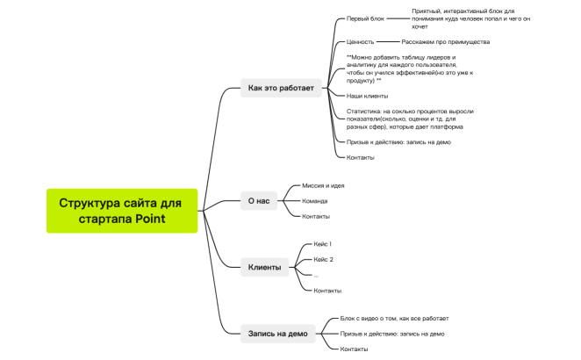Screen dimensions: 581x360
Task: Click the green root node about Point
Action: [122, 211]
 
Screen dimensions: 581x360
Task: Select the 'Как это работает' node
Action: [281, 88]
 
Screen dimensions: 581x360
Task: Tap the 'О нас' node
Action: [259, 201]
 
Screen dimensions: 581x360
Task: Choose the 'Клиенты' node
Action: [264, 267]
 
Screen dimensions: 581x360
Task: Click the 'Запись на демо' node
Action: [278, 334]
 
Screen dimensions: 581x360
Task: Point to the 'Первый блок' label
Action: [365, 18]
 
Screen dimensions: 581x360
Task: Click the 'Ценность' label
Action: [360, 42]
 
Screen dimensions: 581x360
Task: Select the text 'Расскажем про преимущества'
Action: [445, 42]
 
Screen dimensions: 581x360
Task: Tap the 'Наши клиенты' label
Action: [367, 96]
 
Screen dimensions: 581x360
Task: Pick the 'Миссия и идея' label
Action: [323, 186]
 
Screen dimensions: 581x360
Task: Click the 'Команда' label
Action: [314, 201]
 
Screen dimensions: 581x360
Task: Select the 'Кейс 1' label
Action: [322, 244]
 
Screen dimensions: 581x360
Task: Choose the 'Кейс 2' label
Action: [323, 260]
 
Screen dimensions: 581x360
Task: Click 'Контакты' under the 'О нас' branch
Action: [316, 217]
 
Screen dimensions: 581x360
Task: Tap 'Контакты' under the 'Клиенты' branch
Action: [327, 291]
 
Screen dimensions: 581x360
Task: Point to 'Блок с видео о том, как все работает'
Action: [394, 319]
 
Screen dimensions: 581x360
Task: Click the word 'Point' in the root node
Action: [150, 219]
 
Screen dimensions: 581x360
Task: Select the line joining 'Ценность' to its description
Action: [388, 42]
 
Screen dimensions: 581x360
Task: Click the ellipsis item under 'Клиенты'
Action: [316, 276]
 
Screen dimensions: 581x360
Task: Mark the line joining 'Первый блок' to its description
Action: [398, 18]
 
